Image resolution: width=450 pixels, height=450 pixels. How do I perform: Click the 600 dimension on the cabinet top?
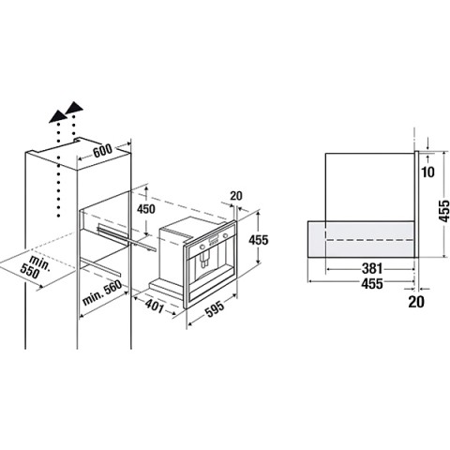tap(102, 151)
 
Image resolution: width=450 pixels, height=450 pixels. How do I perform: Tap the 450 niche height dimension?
tap(146, 209)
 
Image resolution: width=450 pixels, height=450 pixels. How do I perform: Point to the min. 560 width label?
tap(102, 292)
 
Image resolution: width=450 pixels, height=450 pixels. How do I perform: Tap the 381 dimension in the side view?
tap(372, 268)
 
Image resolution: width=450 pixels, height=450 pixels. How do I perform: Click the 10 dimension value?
tap(428, 172)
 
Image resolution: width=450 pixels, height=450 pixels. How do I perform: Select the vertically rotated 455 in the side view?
tap(443, 206)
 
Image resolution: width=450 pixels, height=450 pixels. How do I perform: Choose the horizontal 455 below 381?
tap(372, 283)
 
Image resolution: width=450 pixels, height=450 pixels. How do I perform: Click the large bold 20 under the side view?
tap(416, 302)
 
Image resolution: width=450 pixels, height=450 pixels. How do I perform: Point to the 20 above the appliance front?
tap(236, 196)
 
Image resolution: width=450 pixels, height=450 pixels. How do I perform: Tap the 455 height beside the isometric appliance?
tap(259, 240)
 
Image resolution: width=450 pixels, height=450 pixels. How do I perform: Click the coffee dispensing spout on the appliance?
tap(204, 259)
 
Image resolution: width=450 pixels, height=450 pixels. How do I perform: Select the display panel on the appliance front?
tap(214, 240)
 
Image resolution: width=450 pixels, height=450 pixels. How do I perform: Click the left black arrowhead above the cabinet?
tap(58, 116)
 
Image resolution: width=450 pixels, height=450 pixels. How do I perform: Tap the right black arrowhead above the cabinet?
tap(74, 107)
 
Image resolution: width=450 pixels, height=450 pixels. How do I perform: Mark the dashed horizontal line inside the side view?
tap(369, 240)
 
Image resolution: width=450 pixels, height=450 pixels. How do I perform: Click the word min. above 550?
tap(40, 262)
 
